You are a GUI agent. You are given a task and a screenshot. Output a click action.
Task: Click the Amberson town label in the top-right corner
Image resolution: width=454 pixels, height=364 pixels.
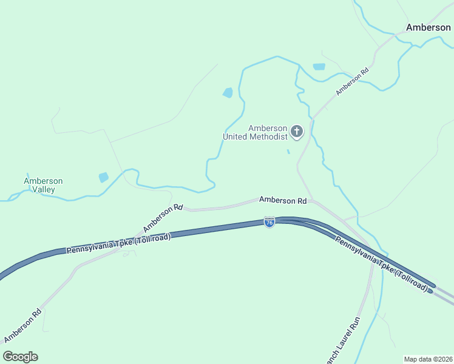tap(428, 27)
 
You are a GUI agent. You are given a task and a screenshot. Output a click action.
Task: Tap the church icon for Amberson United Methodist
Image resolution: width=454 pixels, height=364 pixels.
tap(297, 130)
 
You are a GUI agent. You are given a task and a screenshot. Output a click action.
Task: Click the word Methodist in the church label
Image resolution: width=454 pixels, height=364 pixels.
tap(267, 136)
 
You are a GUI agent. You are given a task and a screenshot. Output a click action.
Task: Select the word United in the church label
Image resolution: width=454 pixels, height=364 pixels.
tap(235, 136)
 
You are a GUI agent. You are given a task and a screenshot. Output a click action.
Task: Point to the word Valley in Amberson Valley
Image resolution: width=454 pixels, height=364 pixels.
tap(43, 189)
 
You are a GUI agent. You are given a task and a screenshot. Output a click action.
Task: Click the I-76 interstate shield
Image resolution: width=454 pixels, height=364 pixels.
tap(269, 223)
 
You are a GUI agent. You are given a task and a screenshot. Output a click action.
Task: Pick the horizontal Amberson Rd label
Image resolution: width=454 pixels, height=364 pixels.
tap(283, 200)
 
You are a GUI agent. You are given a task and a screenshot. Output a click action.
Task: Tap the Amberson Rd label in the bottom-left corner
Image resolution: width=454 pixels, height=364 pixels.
tap(22, 326)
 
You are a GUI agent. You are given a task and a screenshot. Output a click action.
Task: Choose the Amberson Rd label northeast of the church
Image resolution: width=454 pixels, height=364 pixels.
tap(353, 81)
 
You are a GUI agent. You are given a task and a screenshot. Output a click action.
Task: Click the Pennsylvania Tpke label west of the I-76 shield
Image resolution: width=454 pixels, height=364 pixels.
tap(119, 242)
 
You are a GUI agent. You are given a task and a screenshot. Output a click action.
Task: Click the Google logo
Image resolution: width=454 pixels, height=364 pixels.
tap(20, 357)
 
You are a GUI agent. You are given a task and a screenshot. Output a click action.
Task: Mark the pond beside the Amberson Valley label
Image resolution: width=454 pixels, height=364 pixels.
tap(104, 177)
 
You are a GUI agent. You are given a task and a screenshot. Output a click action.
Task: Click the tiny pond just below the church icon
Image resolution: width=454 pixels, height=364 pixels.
tap(288, 152)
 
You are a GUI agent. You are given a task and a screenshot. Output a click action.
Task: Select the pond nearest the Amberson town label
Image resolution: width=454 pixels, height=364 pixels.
tap(319, 67)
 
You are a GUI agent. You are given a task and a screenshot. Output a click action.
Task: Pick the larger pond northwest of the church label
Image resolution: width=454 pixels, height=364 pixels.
tap(228, 93)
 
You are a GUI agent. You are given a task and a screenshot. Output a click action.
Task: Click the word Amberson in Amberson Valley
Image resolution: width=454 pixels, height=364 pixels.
tap(43, 181)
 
